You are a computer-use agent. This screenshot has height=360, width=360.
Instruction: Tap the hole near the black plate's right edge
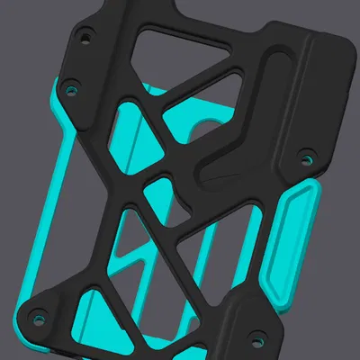pos(307,159)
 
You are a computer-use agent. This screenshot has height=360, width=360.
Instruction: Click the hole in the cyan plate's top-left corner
pos(68,92)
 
